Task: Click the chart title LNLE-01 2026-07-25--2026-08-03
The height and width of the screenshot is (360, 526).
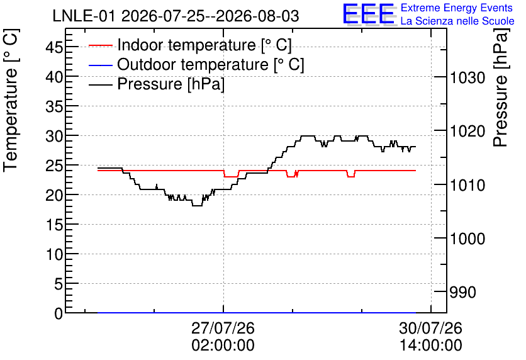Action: pos(176,16)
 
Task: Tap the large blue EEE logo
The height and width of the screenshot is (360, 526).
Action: pos(368,14)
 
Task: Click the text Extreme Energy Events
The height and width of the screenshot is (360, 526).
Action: pos(457,8)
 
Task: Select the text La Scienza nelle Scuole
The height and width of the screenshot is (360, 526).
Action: pos(457,21)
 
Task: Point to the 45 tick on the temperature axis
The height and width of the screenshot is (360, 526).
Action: pos(54,47)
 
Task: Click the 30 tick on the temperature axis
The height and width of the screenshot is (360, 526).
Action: pos(54,136)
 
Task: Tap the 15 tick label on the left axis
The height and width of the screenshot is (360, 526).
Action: pos(54,225)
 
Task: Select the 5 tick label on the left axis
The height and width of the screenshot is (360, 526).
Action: pos(59,284)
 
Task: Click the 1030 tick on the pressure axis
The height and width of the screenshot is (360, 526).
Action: pos(467,78)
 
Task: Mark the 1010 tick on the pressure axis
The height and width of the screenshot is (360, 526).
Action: pos(467,185)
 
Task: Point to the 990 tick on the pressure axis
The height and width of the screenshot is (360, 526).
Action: pos(462,293)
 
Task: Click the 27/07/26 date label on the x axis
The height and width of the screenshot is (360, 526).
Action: pos(223,328)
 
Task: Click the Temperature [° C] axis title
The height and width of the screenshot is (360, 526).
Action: pos(11,100)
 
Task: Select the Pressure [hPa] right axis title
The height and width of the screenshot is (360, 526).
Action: pos(501,87)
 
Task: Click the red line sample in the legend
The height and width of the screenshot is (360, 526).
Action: pos(100,45)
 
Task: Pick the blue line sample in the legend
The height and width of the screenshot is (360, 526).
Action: pos(100,65)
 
